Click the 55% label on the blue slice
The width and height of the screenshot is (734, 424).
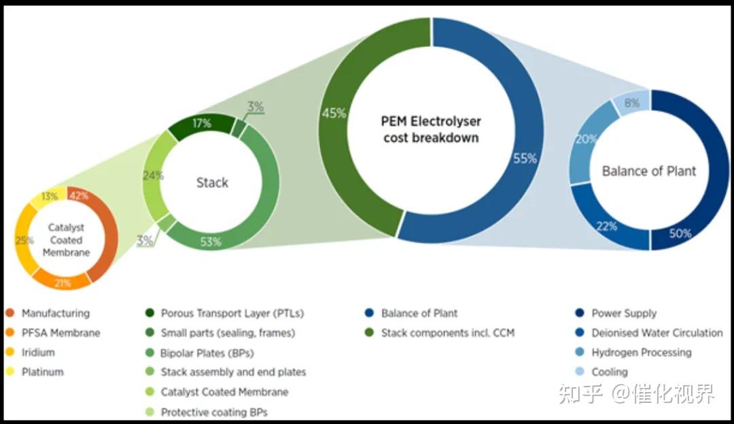(x=525, y=159)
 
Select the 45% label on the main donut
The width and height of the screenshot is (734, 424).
(x=334, y=113)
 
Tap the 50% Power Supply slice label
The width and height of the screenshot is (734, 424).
(x=680, y=233)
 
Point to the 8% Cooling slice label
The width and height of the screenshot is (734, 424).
(x=631, y=103)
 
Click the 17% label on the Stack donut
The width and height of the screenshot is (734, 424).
(x=202, y=123)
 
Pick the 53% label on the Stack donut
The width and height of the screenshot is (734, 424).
(x=211, y=242)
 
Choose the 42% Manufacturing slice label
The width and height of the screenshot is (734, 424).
(x=79, y=195)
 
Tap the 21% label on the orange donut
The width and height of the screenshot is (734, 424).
(x=63, y=282)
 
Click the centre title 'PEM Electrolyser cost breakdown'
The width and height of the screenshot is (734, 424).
(x=431, y=129)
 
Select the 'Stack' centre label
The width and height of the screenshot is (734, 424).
(x=212, y=182)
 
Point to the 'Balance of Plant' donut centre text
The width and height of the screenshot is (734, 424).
(x=649, y=171)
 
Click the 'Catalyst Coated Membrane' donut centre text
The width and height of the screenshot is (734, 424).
(x=66, y=240)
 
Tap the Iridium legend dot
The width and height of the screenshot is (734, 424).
(x=10, y=352)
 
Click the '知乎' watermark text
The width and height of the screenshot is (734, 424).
(x=580, y=393)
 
